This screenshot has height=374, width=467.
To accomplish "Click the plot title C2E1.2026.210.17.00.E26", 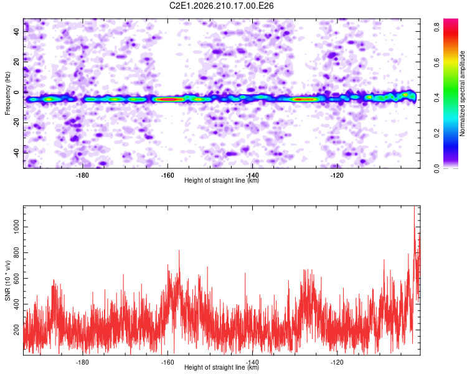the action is point(221,6).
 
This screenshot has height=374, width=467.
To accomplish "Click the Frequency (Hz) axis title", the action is point(7,93).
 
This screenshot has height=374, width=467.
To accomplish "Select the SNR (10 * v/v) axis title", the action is point(7,280).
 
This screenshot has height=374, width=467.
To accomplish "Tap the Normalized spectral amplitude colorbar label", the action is point(462,93).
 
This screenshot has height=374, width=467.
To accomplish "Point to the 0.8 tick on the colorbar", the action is point(437,27).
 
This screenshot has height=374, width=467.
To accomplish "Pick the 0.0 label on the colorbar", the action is point(437,168).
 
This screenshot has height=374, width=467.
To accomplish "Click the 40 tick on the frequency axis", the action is point(16,31).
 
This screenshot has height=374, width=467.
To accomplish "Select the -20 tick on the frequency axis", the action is point(16,122).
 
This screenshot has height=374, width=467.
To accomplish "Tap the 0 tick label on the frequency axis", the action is point(16,92).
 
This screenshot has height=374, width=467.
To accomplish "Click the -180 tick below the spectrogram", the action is point(82,175).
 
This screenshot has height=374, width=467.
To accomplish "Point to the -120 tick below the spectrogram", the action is point(337,175).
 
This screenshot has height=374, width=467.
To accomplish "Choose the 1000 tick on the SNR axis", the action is point(16,227).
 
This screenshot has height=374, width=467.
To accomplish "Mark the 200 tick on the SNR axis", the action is point(16,330).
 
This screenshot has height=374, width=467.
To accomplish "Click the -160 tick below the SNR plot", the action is point(167,362).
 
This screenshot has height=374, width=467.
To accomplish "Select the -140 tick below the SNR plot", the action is point(252,362).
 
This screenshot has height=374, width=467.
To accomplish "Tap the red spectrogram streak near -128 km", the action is point(304,99).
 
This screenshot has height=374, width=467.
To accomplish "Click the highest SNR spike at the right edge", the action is point(414,207).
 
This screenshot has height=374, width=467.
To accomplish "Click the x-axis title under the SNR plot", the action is point(222,367).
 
